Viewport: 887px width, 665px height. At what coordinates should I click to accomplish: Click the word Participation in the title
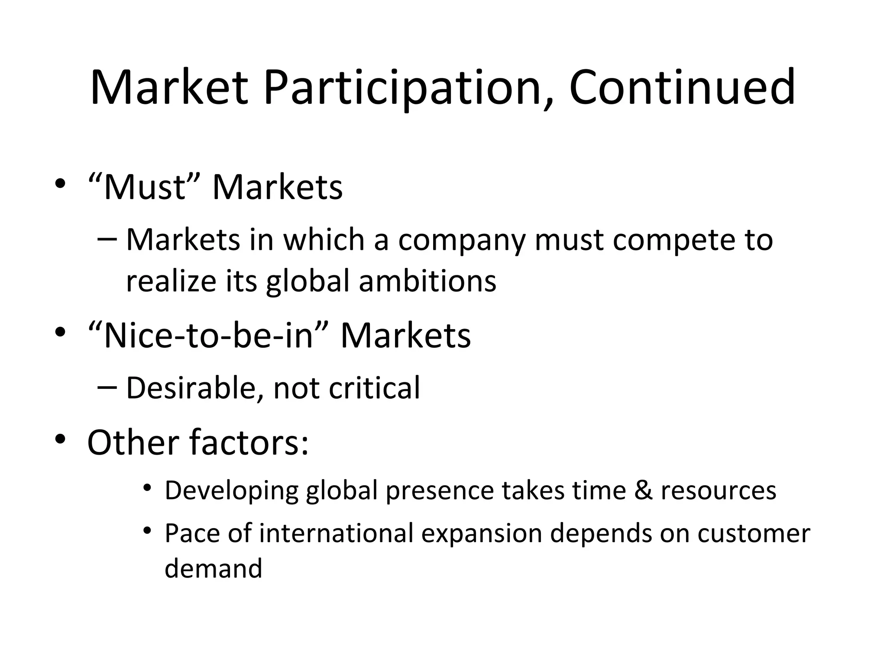click(x=402, y=89)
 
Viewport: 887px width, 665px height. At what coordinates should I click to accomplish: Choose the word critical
click(x=374, y=388)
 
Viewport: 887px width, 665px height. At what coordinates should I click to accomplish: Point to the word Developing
click(x=232, y=491)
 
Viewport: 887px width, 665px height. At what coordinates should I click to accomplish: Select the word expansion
click(x=482, y=534)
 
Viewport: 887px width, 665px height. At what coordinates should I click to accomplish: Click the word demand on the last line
click(x=214, y=568)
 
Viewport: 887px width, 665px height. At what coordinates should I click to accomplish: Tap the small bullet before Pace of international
click(x=148, y=530)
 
